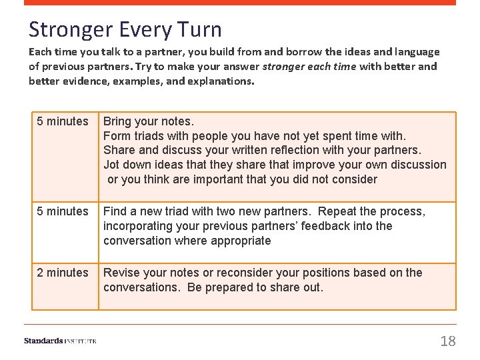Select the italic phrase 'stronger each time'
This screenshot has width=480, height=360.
(309, 66)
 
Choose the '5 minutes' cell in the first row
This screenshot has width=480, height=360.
(63, 121)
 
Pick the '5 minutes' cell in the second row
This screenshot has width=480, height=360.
(63, 211)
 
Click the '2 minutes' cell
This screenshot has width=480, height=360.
(63, 273)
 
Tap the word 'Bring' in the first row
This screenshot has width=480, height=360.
(117, 121)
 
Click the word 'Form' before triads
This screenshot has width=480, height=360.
(117, 136)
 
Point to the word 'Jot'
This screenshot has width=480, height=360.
(112, 165)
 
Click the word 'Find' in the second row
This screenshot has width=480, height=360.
(115, 211)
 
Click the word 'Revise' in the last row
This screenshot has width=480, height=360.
(121, 273)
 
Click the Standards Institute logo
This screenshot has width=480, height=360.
(60, 341)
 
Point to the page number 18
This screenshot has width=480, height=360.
(448, 341)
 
